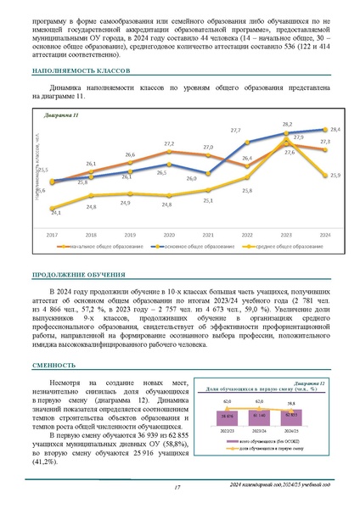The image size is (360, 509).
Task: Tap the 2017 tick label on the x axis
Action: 52,233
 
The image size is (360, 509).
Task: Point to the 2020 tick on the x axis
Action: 169,233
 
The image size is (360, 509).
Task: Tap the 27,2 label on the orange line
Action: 169,143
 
